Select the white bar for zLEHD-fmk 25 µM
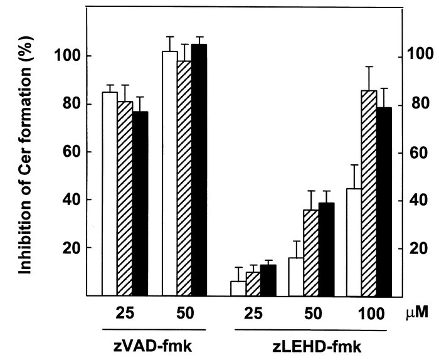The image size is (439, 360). pyautogui.click(x=238, y=288)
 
